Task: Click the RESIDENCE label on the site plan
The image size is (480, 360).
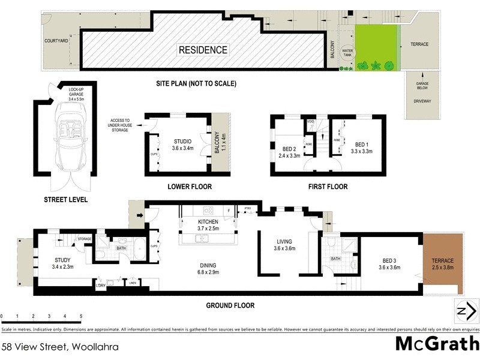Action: point(203,50)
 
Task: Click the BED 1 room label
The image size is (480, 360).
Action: point(361,148)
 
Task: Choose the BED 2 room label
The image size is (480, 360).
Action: point(290,152)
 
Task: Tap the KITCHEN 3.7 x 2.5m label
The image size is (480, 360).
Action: point(208,226)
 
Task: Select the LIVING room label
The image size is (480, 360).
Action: point(286,244)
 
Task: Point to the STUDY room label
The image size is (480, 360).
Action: point(62,263)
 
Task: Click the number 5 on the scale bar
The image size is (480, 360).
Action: point(80,316)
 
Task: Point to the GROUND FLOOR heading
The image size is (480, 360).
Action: point(230,305)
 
